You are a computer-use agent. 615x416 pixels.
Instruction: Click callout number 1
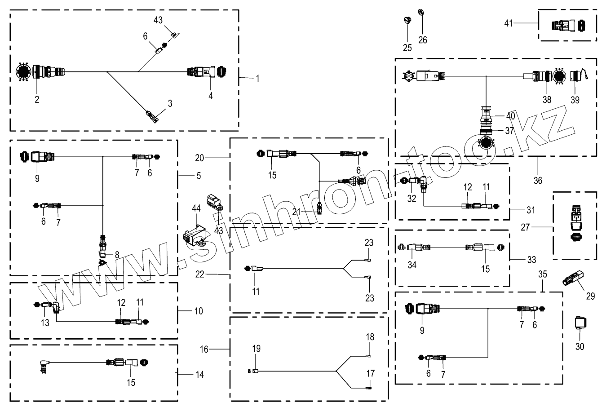click(257, 79)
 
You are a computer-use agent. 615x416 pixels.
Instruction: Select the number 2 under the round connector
click(37, 99)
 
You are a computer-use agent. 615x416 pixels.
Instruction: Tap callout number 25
click(407, 48)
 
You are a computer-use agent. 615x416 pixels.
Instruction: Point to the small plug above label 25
click(407, 21)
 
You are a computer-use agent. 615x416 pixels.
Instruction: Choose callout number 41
click(509, 23)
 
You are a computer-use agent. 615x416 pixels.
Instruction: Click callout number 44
click(196, 208)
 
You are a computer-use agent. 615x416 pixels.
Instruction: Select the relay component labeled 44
click(195, 235)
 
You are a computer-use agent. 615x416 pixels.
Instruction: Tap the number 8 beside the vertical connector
click(117, 255)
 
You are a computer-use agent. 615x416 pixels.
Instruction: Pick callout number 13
click(45, 323)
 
